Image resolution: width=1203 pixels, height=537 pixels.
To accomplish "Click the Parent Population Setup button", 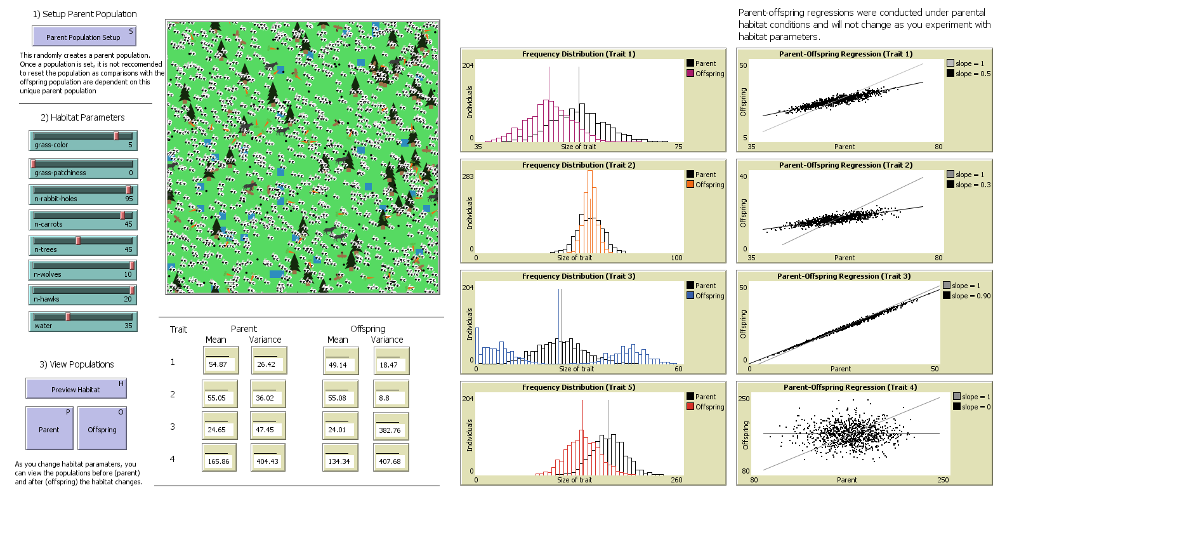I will tap(83, 37).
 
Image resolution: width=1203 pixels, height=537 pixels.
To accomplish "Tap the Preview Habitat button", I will tap(76, 389).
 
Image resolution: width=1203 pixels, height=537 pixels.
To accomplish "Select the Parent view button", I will tap(49, 429).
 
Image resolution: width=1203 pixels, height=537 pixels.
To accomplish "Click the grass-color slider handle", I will tap(116, 136).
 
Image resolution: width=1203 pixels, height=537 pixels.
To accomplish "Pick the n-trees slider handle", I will tap(78, 241).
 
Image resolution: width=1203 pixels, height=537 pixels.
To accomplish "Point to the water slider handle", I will tap(68, 317).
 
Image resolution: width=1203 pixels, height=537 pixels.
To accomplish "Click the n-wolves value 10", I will tap(128, 275).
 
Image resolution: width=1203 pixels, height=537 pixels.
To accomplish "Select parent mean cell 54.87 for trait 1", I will tap(218, 364).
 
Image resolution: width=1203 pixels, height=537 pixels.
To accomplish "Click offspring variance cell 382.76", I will tap(389, 430).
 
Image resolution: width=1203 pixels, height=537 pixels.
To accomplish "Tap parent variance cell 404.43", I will tap(266, 461).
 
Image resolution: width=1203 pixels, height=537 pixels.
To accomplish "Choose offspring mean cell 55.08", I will tap(337, 398).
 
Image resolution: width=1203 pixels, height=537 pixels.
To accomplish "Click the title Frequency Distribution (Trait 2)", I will tap(578, 165).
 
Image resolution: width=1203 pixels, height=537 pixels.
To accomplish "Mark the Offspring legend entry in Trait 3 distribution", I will tap(709, 296).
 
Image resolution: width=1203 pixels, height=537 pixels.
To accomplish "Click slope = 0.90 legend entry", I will tap(970, 296).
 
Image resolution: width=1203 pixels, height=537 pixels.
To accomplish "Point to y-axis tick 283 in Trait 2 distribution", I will tap(468, 176).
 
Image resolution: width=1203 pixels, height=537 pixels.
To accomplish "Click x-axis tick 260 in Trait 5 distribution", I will tap(676, 480).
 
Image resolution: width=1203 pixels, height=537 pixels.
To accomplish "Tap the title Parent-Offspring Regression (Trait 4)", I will tap(850, 387).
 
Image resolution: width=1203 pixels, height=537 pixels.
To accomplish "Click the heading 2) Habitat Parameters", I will tap(82, 117).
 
